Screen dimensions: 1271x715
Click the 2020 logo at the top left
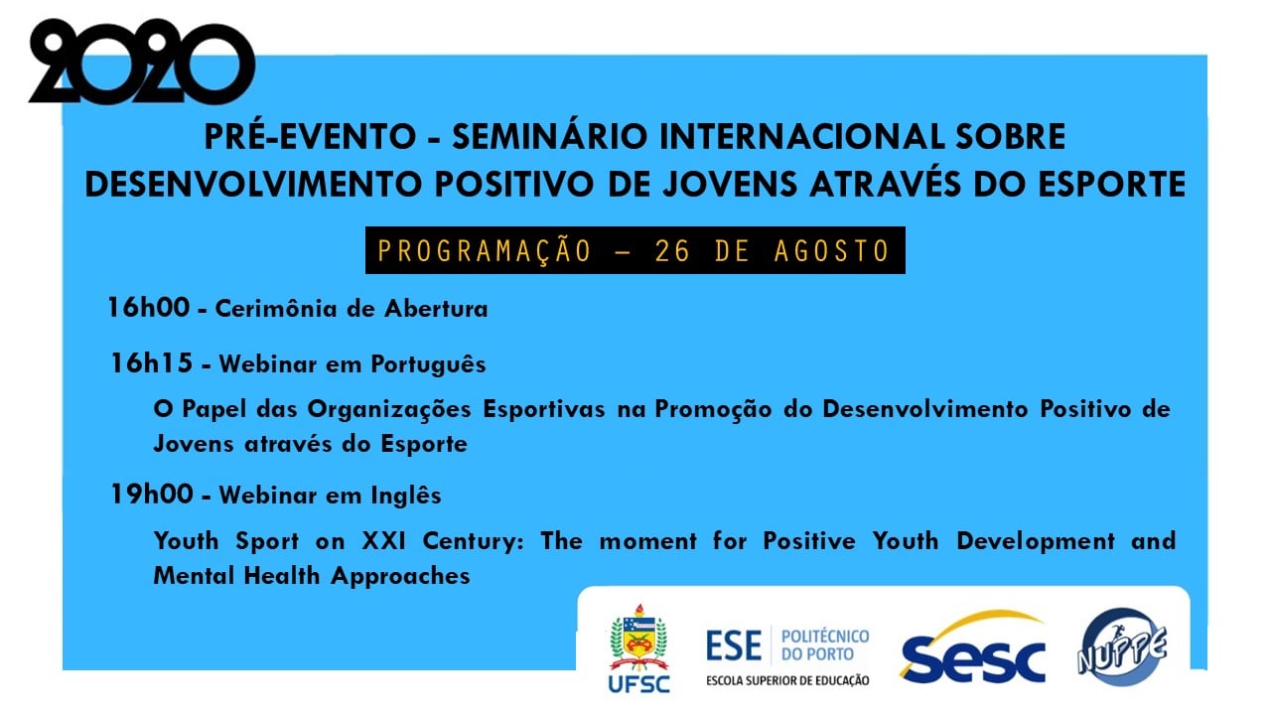142,62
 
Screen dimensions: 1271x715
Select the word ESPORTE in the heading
1112,184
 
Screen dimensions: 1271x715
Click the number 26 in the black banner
673,251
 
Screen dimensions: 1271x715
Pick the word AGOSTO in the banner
832,251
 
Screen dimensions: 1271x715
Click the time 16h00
149,308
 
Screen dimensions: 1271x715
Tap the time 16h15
152,363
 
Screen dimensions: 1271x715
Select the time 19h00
152,495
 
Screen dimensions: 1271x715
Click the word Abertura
436,309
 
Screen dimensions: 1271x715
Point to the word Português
428,364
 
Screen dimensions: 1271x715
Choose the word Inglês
406,496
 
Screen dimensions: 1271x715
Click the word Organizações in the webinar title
389,410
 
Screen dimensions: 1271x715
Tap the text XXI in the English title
384,541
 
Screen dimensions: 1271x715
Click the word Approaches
400,577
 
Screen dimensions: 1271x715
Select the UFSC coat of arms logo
638,648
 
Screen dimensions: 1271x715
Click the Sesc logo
972,647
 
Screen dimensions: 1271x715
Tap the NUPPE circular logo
1122,646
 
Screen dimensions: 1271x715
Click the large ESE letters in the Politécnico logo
734,646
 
